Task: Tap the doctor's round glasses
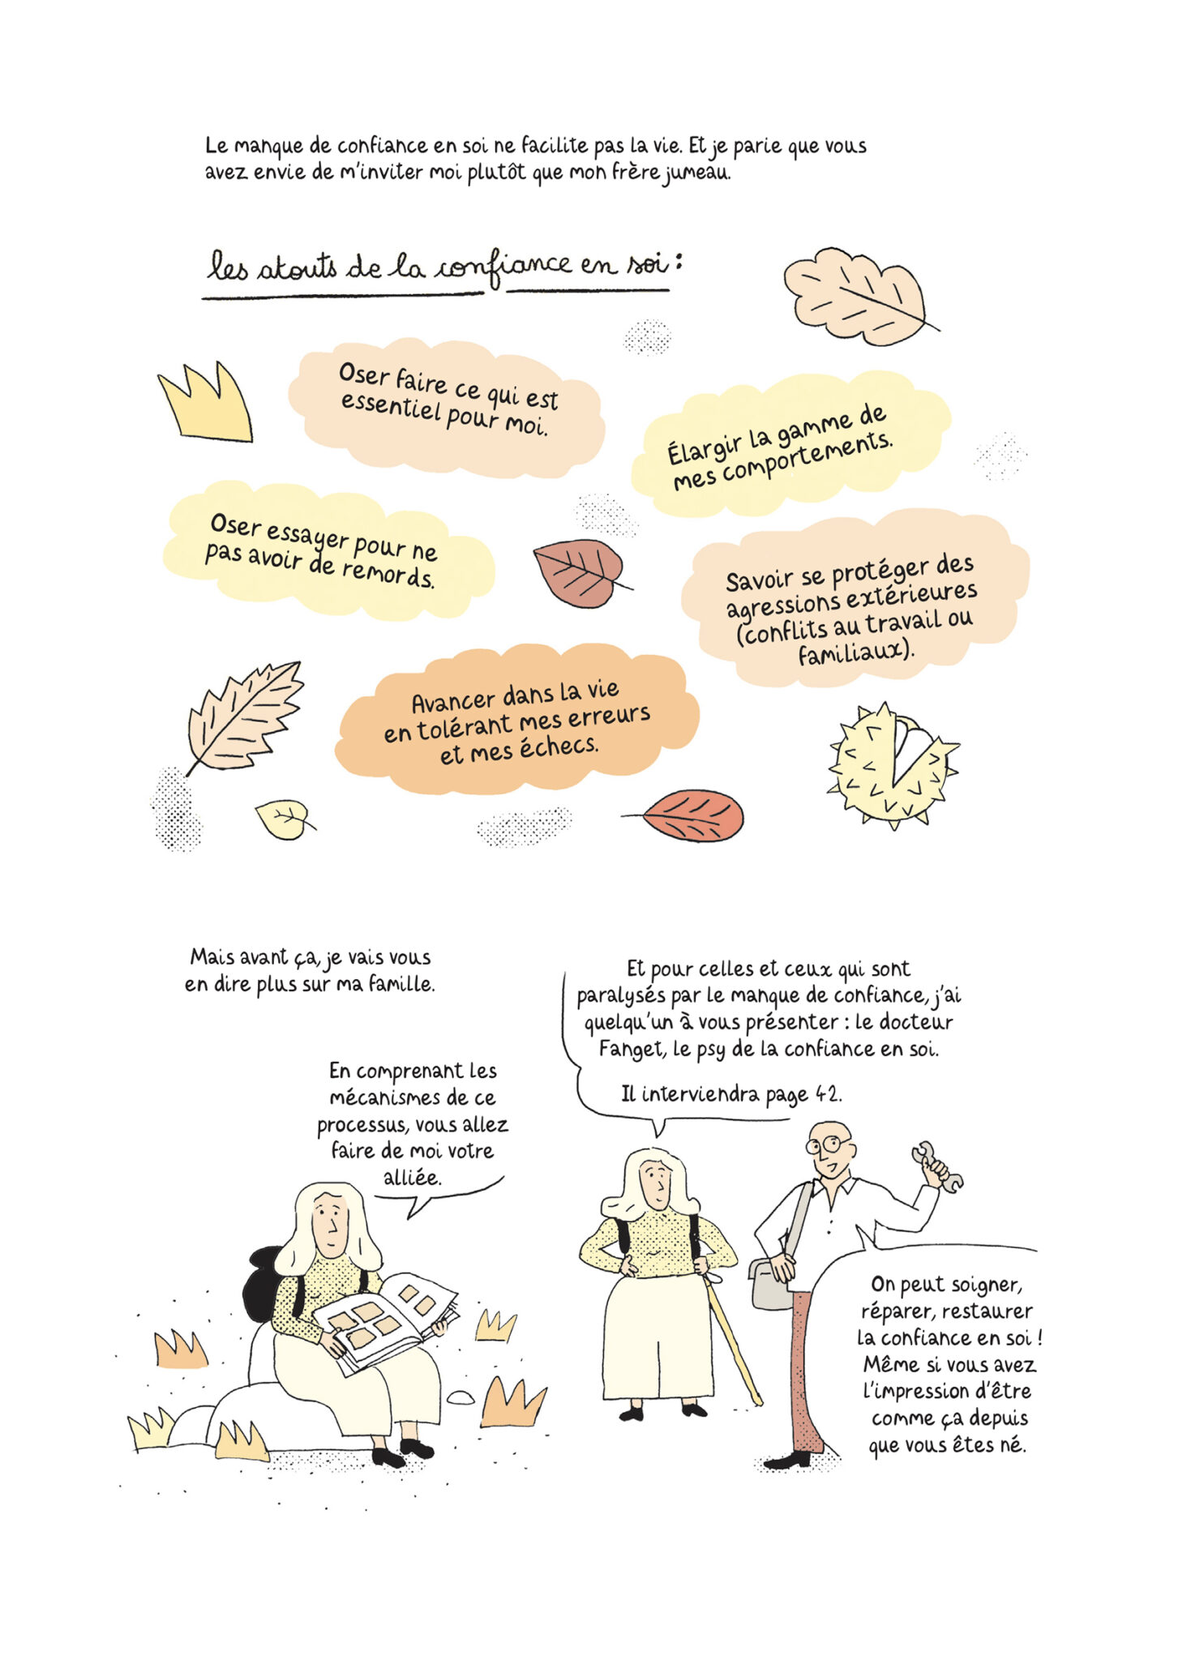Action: pyautogui.click(x=828, y=1145)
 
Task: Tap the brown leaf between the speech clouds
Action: pyautogui.click(x=579, y=572)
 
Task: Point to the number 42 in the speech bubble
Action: pyautogui.click(x=826, y=1094)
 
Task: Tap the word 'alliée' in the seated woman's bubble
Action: pyautogui.click(x=412, y=1177)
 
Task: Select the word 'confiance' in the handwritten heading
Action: pyautogui.click(x=504, y=269)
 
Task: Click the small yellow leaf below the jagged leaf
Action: pyautogui.click(x=283, y=819)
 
